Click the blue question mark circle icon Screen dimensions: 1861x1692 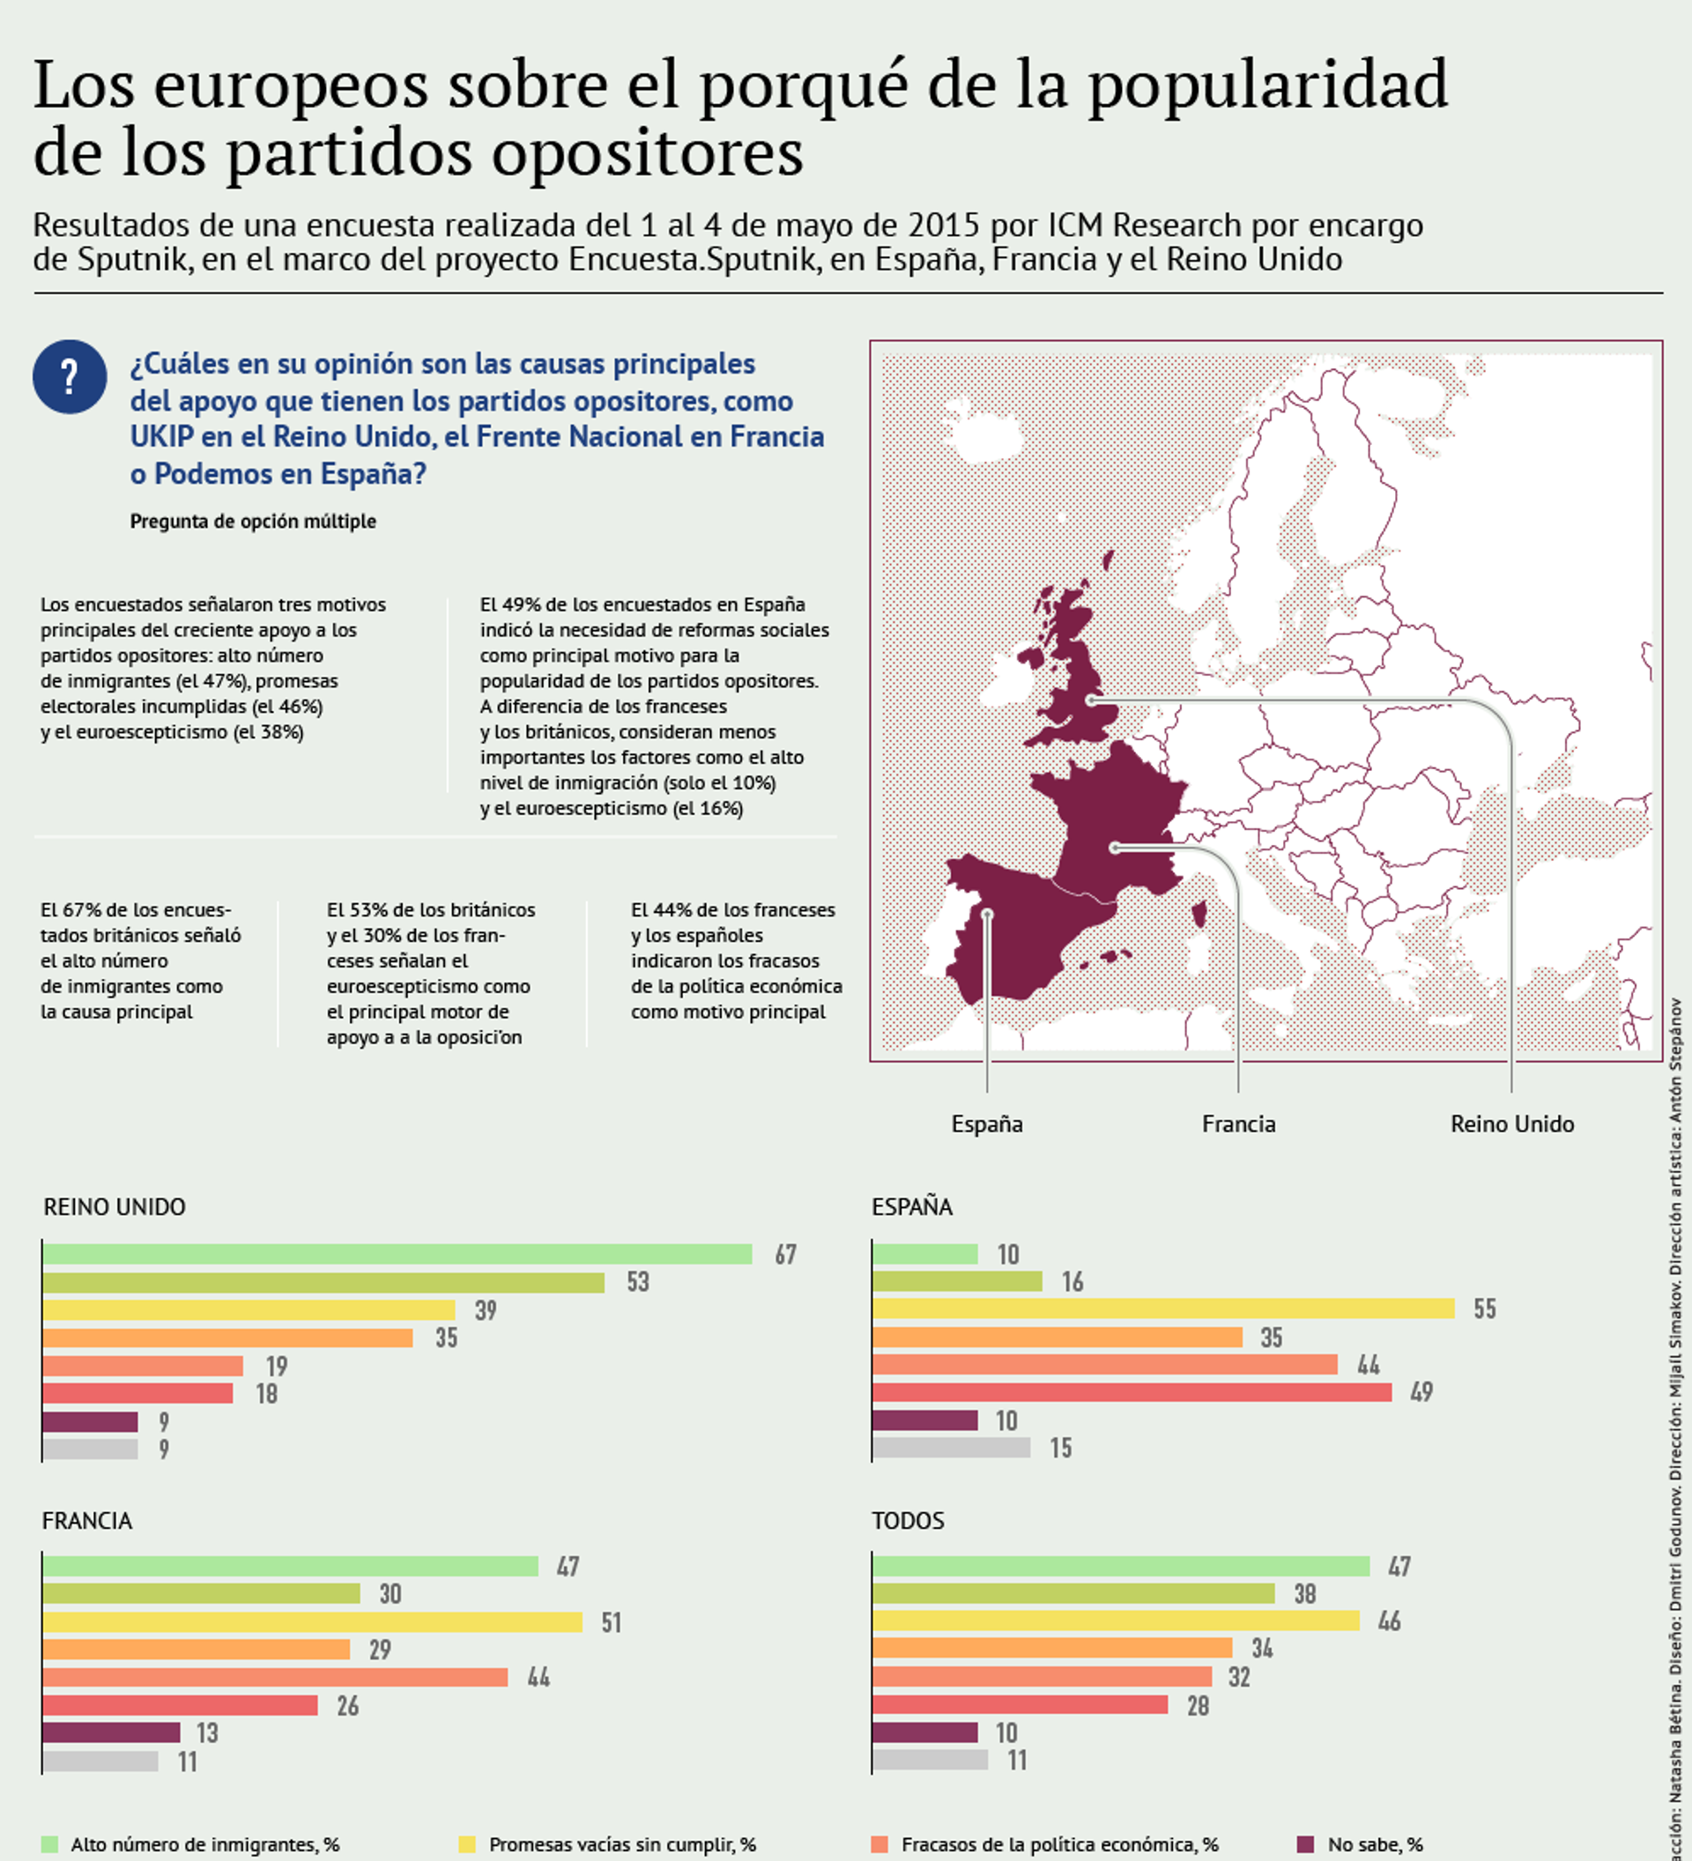pos(70,376)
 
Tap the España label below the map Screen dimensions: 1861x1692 pos(987,1123)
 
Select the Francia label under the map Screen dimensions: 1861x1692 pos(1238,1123)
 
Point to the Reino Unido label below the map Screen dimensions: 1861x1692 pos(1512,1123)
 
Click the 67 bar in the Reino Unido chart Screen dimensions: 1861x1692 pos(397,1254)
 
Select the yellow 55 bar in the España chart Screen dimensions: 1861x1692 pos(1163,1308)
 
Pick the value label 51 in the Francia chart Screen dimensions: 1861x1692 pos(611,1622)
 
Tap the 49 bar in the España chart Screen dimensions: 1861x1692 pos(1132,1391)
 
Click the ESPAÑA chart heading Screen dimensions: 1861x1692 pos(912,1206)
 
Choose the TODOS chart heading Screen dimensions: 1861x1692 pos(909,1520)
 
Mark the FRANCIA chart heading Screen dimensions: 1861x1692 pos(86,1520)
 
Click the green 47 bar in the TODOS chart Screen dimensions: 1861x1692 pos(1121,1566)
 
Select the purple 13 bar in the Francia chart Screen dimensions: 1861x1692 pos(111,1731)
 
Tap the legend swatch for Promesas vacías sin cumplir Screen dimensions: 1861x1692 pos(467,1844)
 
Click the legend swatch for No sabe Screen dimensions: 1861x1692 pos(1305,1844)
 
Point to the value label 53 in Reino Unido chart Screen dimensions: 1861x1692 pos(638,1281)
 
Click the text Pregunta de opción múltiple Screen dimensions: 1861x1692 pos(253,521)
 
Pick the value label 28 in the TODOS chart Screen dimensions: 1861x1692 pos(1198,1705)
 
